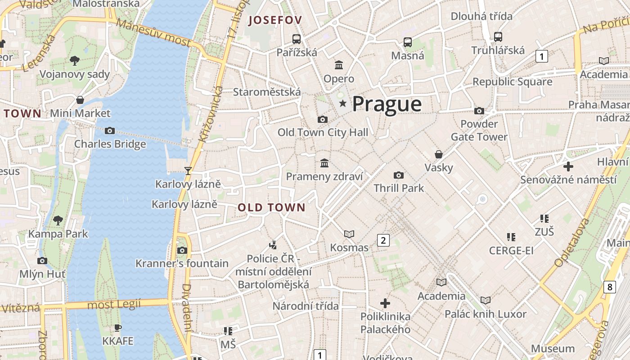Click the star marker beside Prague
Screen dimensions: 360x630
pos(343,104)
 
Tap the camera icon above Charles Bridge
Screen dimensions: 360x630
pos(109,131)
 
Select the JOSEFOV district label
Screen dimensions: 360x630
pos(275,20)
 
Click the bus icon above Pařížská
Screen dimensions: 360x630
pos(296,39)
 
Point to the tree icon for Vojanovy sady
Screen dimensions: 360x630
pos(75,60)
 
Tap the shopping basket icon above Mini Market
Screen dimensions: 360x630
pos(80,100)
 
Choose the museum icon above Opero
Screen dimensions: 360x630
pos(339,65)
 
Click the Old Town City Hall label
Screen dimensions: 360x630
pos(323,132)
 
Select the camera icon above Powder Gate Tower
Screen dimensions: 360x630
pos(479,111)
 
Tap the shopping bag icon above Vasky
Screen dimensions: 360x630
pos(439,155)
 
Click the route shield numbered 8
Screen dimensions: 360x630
pos(609,287)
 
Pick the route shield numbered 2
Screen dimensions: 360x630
pos(383,240)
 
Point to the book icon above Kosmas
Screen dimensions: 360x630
pos(349,234)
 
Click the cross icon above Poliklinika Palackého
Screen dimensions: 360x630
pos(385,303)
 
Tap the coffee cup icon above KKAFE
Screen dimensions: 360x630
pos(118,328)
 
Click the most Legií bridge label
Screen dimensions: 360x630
pos(114,305)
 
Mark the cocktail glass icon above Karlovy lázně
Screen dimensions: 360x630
pos(188,171)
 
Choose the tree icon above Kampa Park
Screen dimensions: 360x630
pos(58,220)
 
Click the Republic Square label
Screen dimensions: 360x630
pos(512,82)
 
